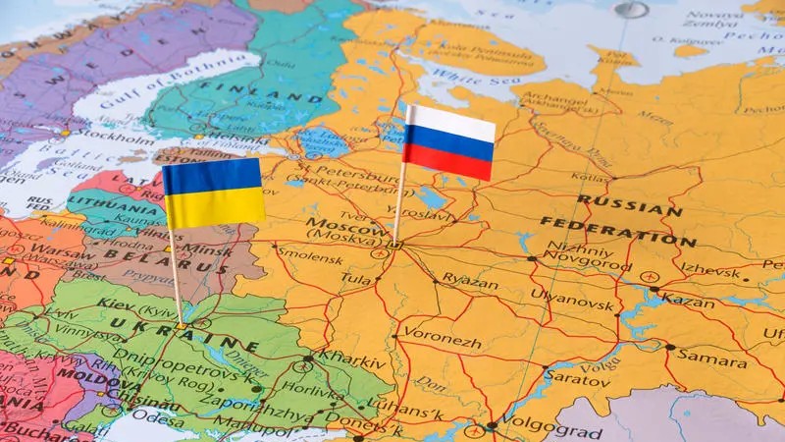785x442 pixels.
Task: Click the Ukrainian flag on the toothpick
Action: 213,193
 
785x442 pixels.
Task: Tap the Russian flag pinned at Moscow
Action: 450,142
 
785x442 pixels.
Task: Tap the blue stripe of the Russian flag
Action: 450,142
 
